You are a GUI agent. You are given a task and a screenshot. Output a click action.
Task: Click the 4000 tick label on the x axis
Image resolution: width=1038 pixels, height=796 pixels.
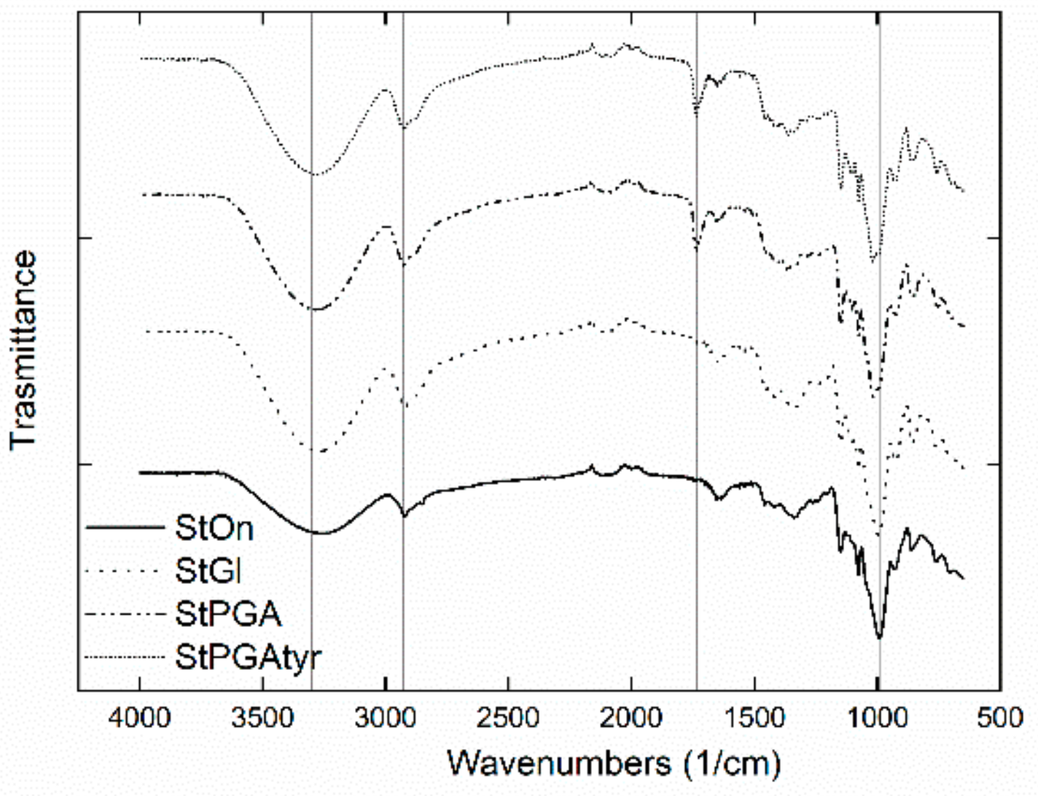140,719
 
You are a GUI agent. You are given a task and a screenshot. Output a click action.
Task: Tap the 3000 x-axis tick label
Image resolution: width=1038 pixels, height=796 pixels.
386,719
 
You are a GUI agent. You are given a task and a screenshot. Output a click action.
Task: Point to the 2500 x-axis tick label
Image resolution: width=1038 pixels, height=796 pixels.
508,719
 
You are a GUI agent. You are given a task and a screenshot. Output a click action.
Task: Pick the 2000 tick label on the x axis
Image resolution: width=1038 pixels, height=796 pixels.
631,719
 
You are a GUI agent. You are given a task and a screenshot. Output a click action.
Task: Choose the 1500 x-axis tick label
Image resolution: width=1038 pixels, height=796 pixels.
754,719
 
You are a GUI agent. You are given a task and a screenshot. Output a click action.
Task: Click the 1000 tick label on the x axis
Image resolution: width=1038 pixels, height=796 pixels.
877,719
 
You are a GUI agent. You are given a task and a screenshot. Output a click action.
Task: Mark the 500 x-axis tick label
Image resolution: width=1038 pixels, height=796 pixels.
999,719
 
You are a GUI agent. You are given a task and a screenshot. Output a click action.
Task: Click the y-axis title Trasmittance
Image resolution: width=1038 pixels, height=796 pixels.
23,350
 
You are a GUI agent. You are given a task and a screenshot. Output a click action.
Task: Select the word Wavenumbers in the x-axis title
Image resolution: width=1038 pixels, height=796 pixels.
558,763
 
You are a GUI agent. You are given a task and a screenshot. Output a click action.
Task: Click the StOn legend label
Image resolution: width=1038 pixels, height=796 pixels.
214,528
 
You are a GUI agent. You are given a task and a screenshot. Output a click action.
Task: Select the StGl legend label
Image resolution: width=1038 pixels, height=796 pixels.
208,571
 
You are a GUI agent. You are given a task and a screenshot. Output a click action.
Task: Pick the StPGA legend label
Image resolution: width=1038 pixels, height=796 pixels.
228,614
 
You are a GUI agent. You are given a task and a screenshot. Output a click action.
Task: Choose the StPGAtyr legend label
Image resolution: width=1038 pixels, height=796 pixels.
248,657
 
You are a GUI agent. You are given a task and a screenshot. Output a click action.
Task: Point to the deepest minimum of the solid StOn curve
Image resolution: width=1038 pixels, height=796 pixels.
879,638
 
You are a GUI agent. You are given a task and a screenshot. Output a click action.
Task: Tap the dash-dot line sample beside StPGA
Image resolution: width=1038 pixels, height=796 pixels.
124,614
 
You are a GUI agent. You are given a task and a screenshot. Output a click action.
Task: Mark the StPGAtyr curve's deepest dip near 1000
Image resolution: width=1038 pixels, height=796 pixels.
873,260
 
